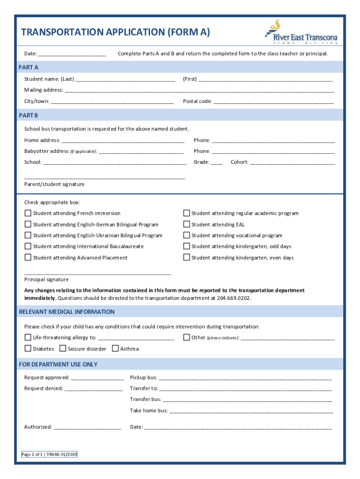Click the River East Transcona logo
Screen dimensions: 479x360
click(301, 32)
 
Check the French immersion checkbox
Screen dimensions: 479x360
click(28, 213)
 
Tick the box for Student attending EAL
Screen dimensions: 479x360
click(187, 225)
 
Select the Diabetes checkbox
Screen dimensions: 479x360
click(28, 348)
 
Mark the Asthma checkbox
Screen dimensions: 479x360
click(115, 348)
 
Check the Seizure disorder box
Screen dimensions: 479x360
click(63, 348)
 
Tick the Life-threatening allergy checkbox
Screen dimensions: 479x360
click(28, 337)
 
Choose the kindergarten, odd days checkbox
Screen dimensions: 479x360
click(187, 247)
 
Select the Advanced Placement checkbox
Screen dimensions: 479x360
click(28, 258)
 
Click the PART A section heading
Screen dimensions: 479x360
click(29, 67)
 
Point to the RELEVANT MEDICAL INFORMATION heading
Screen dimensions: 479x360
click(66, 312)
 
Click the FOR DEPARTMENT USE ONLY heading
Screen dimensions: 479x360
click(58, 364)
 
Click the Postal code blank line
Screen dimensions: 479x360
click(274, 102)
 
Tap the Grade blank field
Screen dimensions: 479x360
click(216, 163)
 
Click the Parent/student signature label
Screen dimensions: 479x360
click(54, 184)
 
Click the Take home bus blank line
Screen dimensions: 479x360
click(251, 411)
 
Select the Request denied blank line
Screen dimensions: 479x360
click(94, 389)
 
